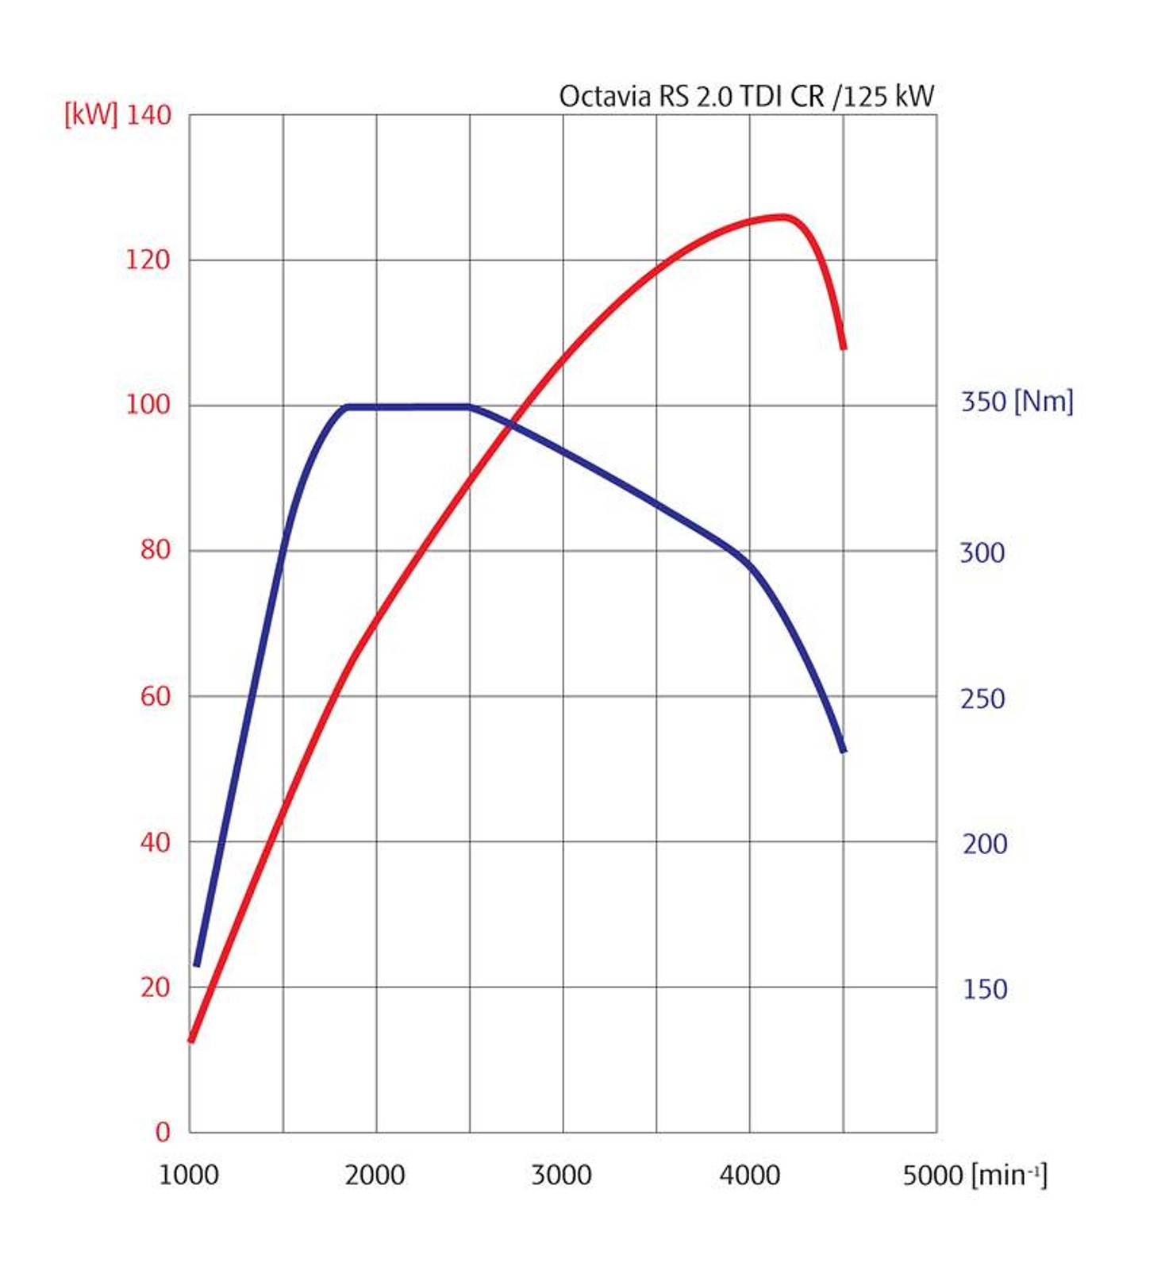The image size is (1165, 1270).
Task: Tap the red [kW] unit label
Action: (x=90, y=115)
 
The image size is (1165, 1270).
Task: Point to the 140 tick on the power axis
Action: (x=148, y=115)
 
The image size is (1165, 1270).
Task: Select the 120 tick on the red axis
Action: (x=148, y=260)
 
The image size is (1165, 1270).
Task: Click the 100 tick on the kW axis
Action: (x=148, y=405)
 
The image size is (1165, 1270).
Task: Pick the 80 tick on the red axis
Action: (x=155, y=550)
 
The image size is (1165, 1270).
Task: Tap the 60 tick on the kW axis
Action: (x=155, y=696)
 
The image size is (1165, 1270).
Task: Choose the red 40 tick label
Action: (x=155, y=842)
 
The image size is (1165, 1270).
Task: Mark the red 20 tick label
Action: (x=155, y=987)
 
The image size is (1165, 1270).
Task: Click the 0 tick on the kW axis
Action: (x=163, y=1133)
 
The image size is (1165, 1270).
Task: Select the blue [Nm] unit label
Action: (x=1044, y=402)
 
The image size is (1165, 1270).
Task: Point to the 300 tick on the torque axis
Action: (x=982, y=553)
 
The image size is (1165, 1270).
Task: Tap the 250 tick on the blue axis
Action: (x=982, y=699)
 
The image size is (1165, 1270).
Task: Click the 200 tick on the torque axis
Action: (x=984, y=844)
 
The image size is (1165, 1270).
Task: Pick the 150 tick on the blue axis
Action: (x=984, y=989)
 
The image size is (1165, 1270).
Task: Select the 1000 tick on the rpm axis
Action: (x=189, y=1176)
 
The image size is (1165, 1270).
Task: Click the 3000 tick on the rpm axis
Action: (x=561, y=1176)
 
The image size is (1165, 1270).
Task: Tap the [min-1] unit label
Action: (x=1009, y=1175)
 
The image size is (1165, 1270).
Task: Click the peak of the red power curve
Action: (x=782, y=216)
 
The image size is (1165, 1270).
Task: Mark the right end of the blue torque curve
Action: (x=843, y=749)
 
